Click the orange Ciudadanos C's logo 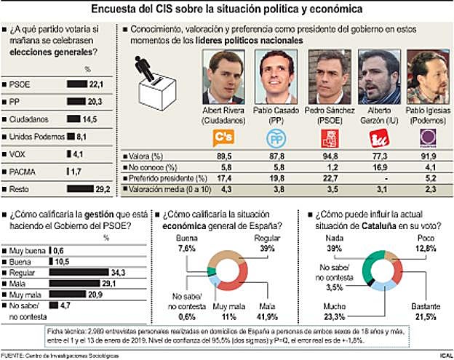click(x=226, y=138)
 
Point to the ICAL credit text click(x=442, y=354)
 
